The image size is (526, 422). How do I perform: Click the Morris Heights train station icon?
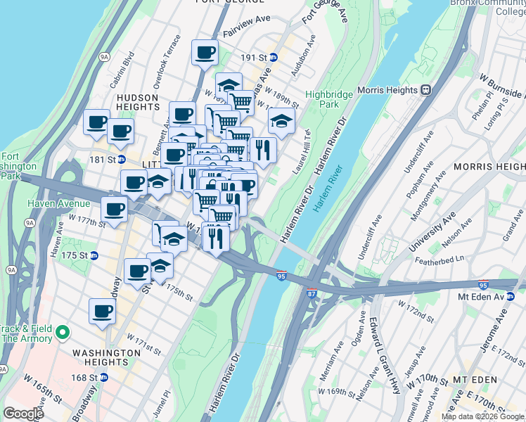pyautogui.click(x=425, y=90)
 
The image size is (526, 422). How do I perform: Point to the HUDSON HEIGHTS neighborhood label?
pyautogui.click(x=138, y=101)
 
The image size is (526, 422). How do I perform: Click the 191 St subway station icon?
pyautogui.click(x=274, y=57)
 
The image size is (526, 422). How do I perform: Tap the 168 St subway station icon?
pyautogui.click(x=104, y=377)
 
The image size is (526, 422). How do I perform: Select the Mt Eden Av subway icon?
pyautogui.click(x=511, y=298)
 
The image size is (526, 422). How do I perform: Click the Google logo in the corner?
pyautogui.click(x=23, y=414)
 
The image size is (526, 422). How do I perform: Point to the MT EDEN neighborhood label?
pyautogui.click(x=475, y=380)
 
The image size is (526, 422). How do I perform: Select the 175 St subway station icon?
pyautogui.click(x=94, y=255)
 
